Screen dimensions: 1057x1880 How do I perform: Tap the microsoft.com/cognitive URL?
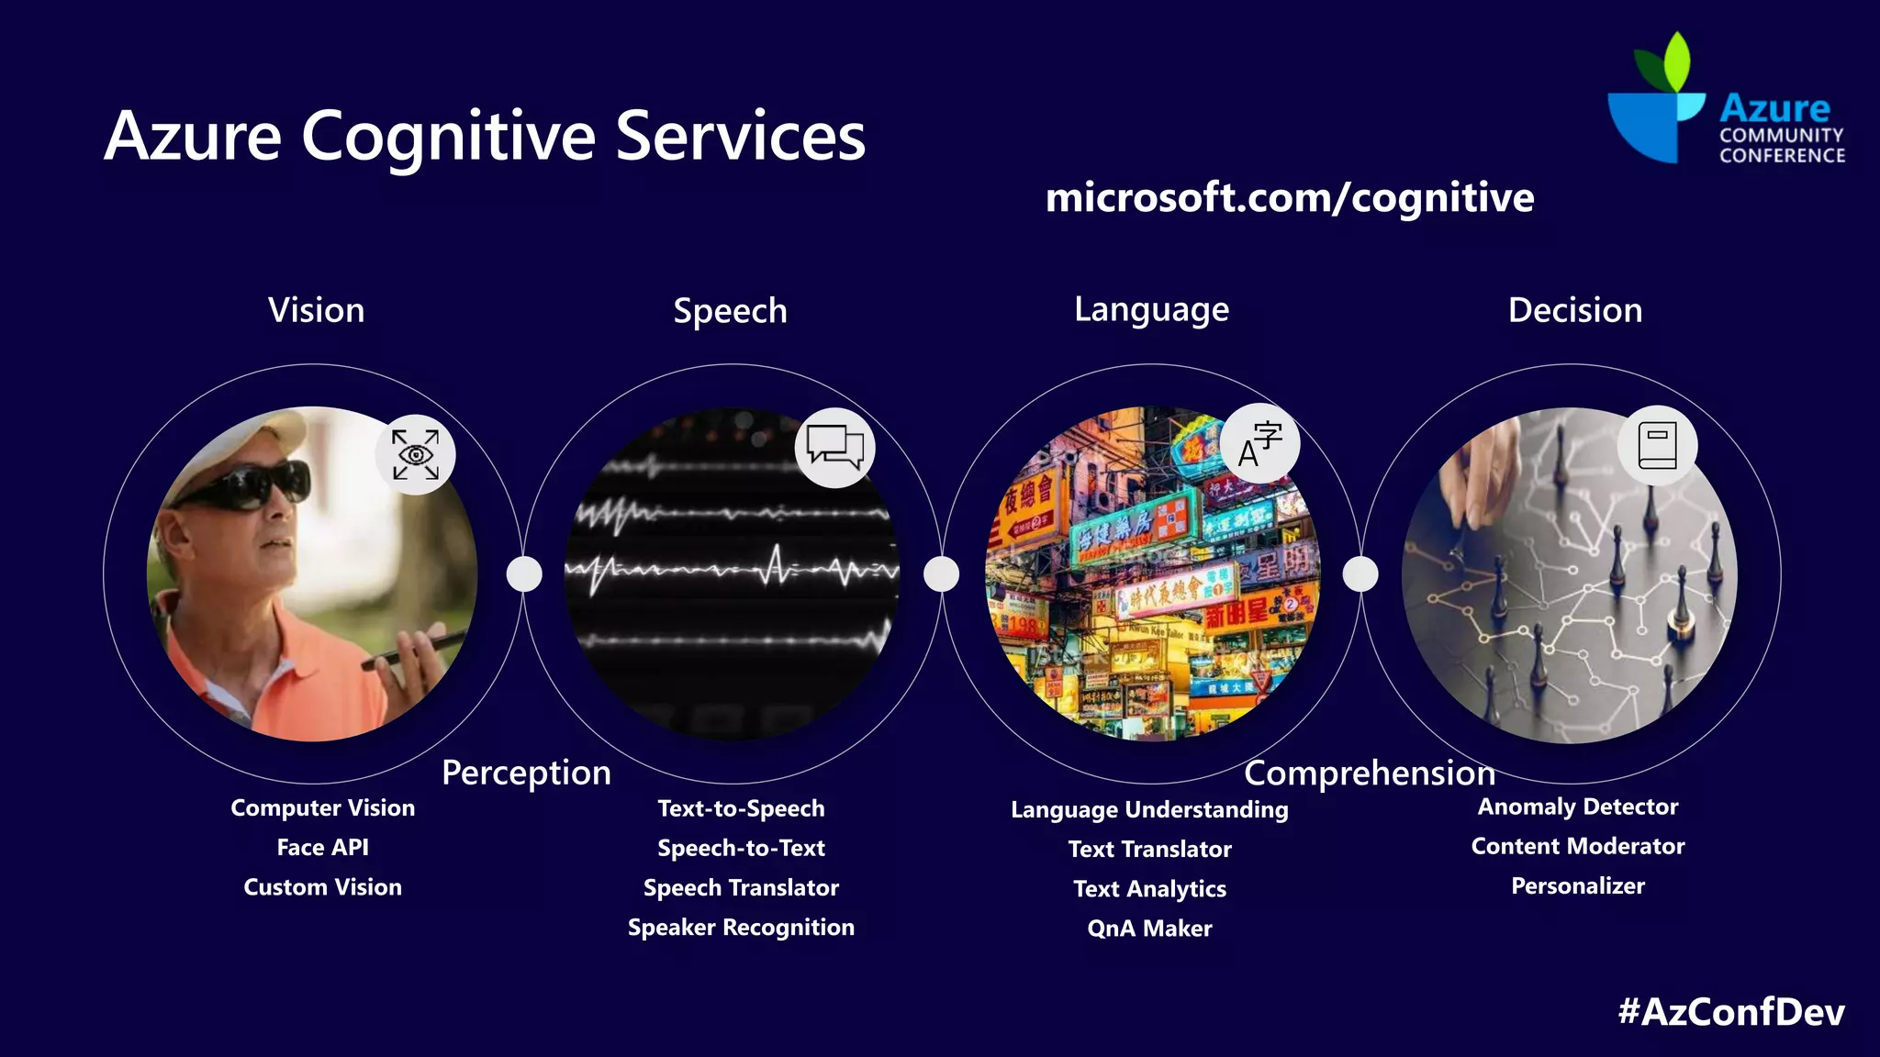(1290, 198)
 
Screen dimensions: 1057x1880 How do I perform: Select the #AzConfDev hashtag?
(1731, 1011)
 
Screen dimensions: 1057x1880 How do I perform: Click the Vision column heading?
(317, 310)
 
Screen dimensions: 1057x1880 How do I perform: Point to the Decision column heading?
(1575, 310)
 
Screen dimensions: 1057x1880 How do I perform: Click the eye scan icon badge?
(416, 454)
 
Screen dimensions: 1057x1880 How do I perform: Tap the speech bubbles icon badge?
(834, 447)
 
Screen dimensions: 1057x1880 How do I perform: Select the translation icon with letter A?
(1260, 443)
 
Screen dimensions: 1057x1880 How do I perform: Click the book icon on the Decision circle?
(1657, 445)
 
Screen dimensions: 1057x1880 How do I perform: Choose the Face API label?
(323, 847)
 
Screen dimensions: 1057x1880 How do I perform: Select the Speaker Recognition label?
(741, 927)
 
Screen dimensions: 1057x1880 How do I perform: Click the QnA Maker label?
(1149, 928)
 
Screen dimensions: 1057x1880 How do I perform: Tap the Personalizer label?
(1578, 885)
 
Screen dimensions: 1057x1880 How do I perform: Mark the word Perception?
(526, 773)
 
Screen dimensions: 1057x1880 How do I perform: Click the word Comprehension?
(1370, 773)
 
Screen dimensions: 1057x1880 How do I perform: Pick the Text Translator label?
(1149, 849)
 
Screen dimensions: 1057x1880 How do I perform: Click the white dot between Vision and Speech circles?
(524, 574)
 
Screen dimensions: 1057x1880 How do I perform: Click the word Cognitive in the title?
(449, 136)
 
